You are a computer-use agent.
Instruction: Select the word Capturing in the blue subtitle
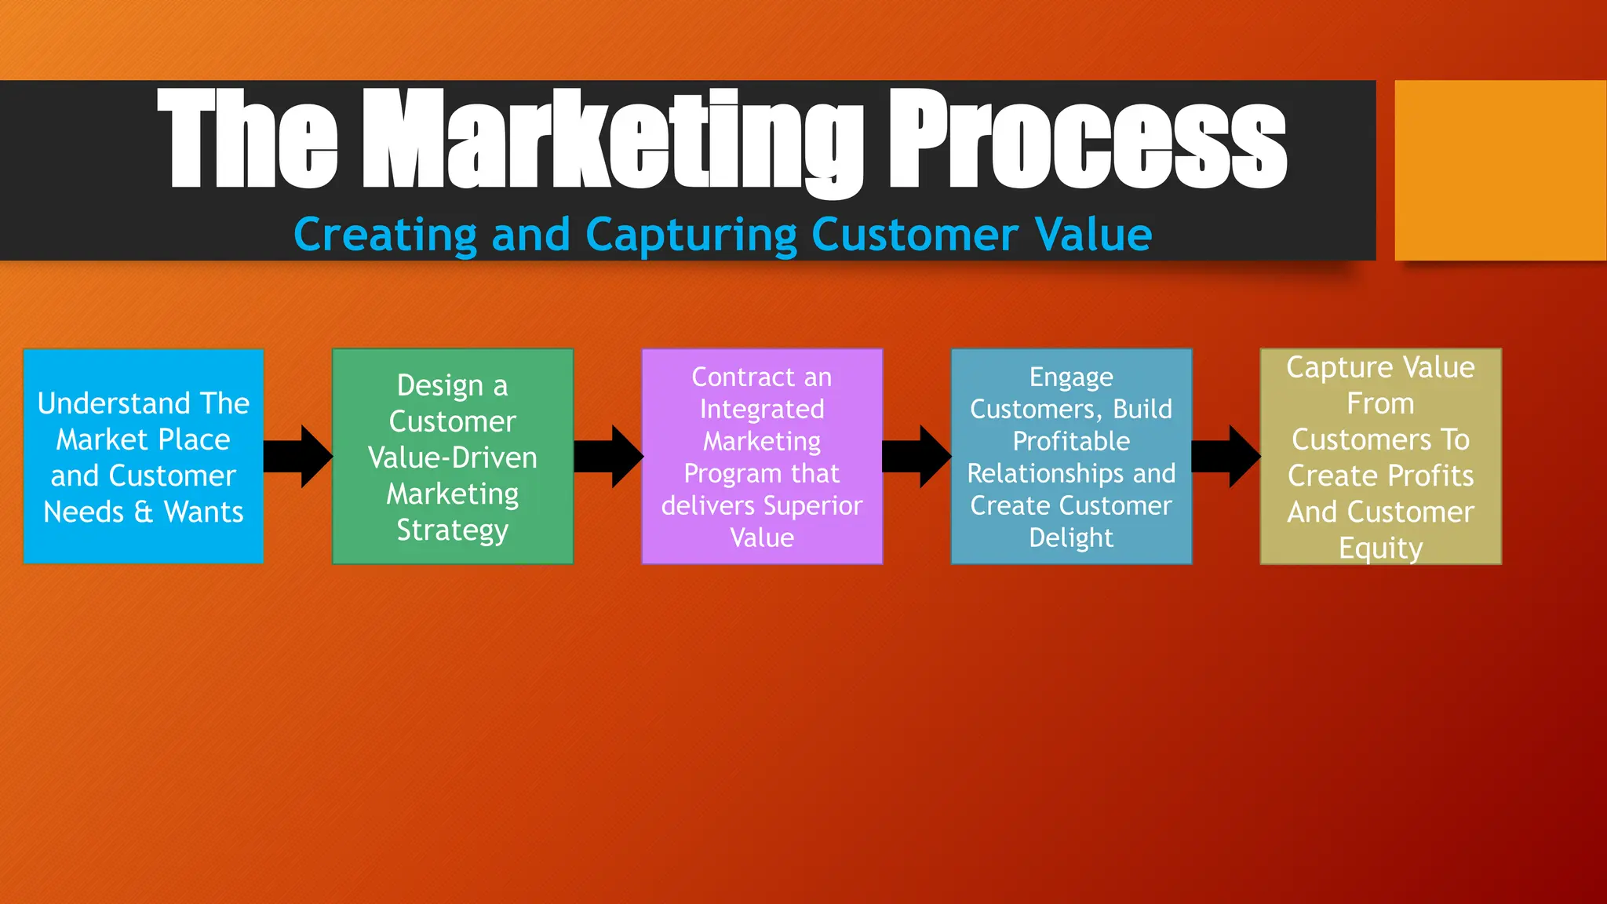pos(691,235)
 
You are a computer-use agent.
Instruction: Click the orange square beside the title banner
pos(1500,170)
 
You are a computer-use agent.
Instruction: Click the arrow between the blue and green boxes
pos(297,457)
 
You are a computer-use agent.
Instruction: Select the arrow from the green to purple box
pos(608,457)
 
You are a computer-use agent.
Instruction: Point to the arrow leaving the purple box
pos(916,457)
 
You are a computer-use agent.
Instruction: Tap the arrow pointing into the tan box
pos(1226,457)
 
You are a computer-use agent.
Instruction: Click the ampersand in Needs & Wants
pos(144,512)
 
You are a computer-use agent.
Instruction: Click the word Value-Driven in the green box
pos(453,457)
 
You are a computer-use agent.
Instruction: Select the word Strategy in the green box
pos(453,530)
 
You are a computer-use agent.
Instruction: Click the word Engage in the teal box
pos(1071,377)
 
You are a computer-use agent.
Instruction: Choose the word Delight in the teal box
pos(1071,538)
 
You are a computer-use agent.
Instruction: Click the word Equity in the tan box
pos(1380,549)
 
